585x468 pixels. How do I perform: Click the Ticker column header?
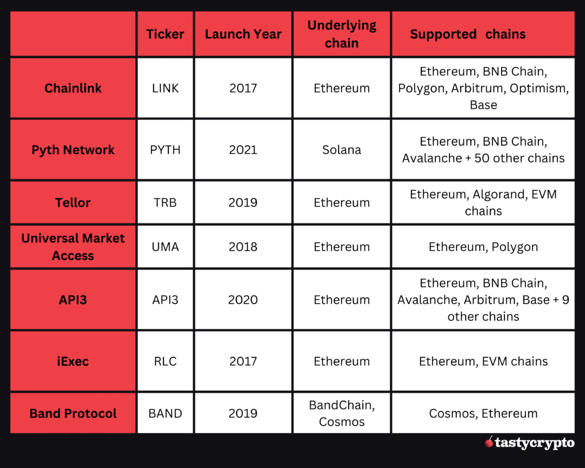pyautogui.click(x=165, y=34)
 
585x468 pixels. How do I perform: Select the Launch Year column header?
pyautogui.click(x=243, y=34)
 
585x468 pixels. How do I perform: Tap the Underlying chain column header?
pyautogui.click(x=342, y=34)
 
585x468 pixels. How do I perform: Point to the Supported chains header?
pyautogui.click(x=467, y=34)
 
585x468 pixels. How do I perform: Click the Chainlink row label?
pyautogui.click(x=73, y=88)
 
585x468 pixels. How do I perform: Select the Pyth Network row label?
pyautogui.click(x=73, y=150)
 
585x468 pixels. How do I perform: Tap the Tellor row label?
pyautogui.click(x=73, y=202)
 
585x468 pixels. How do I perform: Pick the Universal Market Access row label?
pyautogui.click(x=73, y=247)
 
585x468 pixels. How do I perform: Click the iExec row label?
pyautogui.click(x=73, y=361)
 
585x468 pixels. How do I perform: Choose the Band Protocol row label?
pyautogui.click(x=73, y=413)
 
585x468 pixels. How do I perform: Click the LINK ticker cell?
pyautogui.click(x=165, y=88)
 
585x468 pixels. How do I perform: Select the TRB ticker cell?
pyautogui.click(x=165, y=202)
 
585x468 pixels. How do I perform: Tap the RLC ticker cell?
pyautogui.click(x=165, y=361)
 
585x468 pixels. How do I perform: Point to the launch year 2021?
pyautogui.click(x=243, y=150)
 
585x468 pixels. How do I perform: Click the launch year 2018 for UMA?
pyautogui.click(x=243, y=247)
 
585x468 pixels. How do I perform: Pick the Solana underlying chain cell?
pyautogui.click(x=342, y=150)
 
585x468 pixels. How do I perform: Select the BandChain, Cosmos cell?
pyautogui.click(x=342, y=413)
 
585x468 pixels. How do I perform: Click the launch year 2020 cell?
pyautogui.click(x=243, y=299)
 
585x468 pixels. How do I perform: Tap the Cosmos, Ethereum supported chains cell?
pyautogui.click(x=483, y=413)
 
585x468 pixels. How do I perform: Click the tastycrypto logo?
pyautogui.click(x=529, y=443)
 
